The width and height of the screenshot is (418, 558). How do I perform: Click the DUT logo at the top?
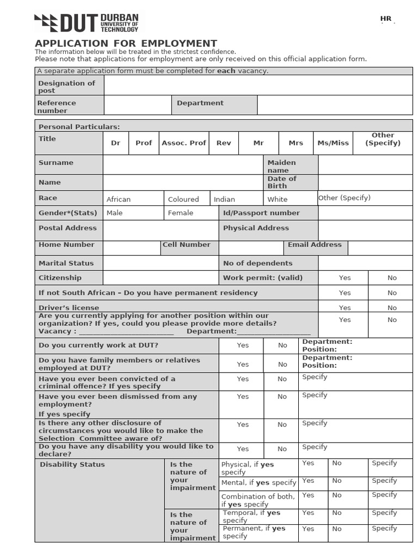coord(87,23)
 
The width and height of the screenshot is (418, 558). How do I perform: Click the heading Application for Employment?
coord(126,44)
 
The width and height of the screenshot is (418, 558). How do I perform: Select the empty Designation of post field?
coord(258,85)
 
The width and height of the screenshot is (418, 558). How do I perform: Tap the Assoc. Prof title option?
coord(184,143)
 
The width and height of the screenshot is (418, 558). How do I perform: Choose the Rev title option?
coord(224,143)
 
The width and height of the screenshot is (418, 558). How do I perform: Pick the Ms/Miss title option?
coord(333,143)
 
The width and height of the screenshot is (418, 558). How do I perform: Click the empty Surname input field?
coord(183,165)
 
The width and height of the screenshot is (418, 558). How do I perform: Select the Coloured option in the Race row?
coord(183,199)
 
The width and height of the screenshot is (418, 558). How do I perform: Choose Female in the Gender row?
coord(181,213)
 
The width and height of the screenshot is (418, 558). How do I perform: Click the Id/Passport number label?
coord(261,213)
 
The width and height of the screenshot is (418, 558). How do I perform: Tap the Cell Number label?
coord(187,245)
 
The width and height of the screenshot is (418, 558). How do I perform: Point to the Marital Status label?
coord(66,263)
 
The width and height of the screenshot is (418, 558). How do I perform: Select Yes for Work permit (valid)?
coord(345,278)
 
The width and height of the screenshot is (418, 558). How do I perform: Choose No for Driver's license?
coord(392,308)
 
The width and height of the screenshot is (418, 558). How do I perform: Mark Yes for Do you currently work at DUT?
coord(243,345)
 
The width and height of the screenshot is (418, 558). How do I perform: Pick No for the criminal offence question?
coord(282,379)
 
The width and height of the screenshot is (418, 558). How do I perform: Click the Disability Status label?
coord(72,465)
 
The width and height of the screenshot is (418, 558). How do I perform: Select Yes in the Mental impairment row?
coord(308,481)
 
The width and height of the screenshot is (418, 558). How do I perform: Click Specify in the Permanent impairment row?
coord(384,529)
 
